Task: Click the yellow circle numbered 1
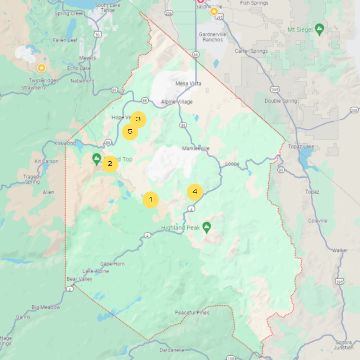[150, 200]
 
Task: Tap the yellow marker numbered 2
[110, 164]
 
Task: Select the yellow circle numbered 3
[138, 120]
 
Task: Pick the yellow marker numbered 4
[195, 192]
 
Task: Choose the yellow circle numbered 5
[130, 132]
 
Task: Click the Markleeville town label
[196, 148]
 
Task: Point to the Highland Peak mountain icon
[206, 227]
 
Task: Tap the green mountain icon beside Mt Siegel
[319, 29]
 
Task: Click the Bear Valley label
[80, 279]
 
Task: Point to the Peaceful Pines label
[192, 312]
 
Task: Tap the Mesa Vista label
[188, 84]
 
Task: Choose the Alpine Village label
[177, 102]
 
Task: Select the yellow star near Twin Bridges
[42, 68]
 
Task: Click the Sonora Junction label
[343, 345]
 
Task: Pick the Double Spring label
[281, 101]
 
